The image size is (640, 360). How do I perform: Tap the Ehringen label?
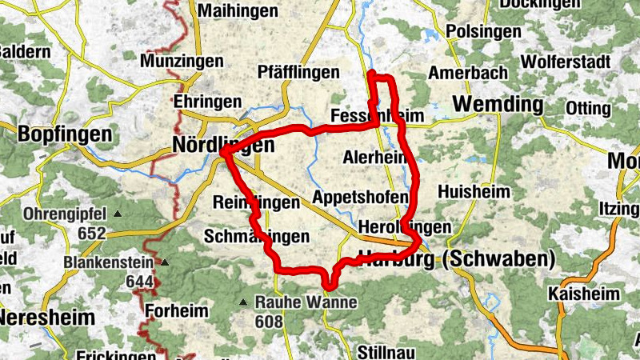[207, 102]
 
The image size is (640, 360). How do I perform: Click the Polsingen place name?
[480, 31]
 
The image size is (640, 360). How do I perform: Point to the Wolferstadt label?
[566, 62]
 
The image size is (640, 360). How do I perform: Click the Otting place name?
[588, 108]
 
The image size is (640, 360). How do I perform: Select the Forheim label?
[177, 310]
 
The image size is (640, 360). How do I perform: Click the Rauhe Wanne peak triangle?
[243, 302]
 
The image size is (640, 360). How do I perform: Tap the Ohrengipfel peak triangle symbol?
[118, 214]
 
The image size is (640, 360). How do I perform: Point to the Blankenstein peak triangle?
[166, 262]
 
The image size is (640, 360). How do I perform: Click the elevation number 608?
[270, 322]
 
